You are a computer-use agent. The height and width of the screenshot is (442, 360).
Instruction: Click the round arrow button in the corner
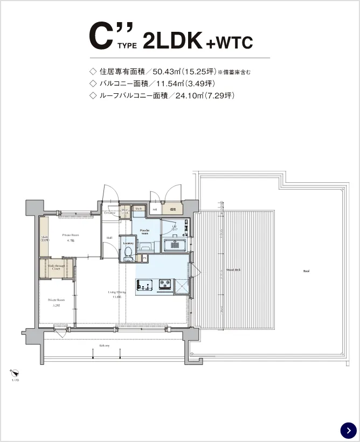click(x=349, y=430)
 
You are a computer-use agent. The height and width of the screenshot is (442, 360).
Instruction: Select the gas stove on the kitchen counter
click(x=165, y=285)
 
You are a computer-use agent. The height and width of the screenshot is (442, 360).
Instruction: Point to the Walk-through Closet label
click(x=56, y=267)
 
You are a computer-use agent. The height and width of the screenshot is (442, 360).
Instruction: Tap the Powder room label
click(x=144, y=232)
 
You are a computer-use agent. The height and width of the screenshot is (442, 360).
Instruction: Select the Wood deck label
click(x=233, y=270)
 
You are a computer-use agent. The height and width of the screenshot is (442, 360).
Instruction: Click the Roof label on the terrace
click(x=306, y=271)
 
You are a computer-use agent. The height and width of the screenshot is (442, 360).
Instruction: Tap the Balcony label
click(x=105, y=346)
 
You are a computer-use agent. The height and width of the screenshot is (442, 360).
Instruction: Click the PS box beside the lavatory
click(x=144, y=258)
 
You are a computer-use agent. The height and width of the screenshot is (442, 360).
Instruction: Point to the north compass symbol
click(x=15, y=372)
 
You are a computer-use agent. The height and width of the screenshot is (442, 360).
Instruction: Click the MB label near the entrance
click(x=155, y=209)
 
